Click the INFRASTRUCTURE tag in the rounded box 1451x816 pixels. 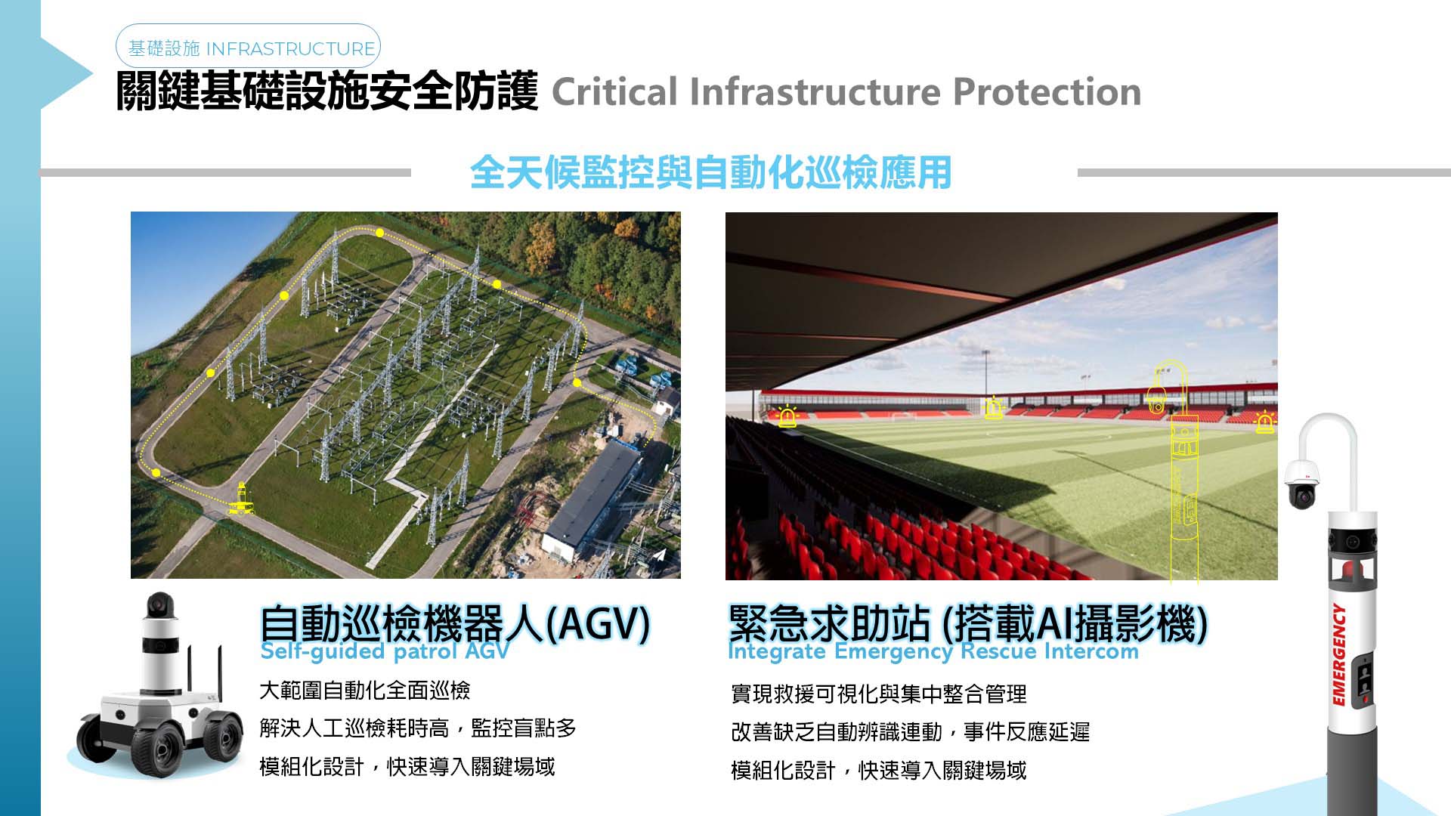[x=290, y=49]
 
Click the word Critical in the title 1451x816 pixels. [x=614, y=92]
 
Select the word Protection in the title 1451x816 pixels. [x=1047, y=92]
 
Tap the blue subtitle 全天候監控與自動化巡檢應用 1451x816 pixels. [x=710, y=172]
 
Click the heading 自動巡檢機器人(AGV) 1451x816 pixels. [x=454, y=623]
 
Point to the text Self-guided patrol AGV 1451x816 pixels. [x=385, y=651]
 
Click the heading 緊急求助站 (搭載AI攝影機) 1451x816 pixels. [x=967, y=623]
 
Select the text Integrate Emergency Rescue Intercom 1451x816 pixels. [x=933, y=651]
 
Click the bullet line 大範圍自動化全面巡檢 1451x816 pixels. [x=365, y=691]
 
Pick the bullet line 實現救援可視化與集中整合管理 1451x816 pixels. [x=879, y=694]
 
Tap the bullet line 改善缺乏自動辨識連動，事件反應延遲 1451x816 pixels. [x=911, y=732]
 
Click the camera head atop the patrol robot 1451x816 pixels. [x=159, y=604]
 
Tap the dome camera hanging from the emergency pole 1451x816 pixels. [x=1301, y=484]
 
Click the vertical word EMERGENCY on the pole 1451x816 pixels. [x=1339, y=655]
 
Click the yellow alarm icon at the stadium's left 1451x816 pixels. [x=787, y=416]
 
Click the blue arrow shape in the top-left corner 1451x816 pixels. [x=67, y=73]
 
